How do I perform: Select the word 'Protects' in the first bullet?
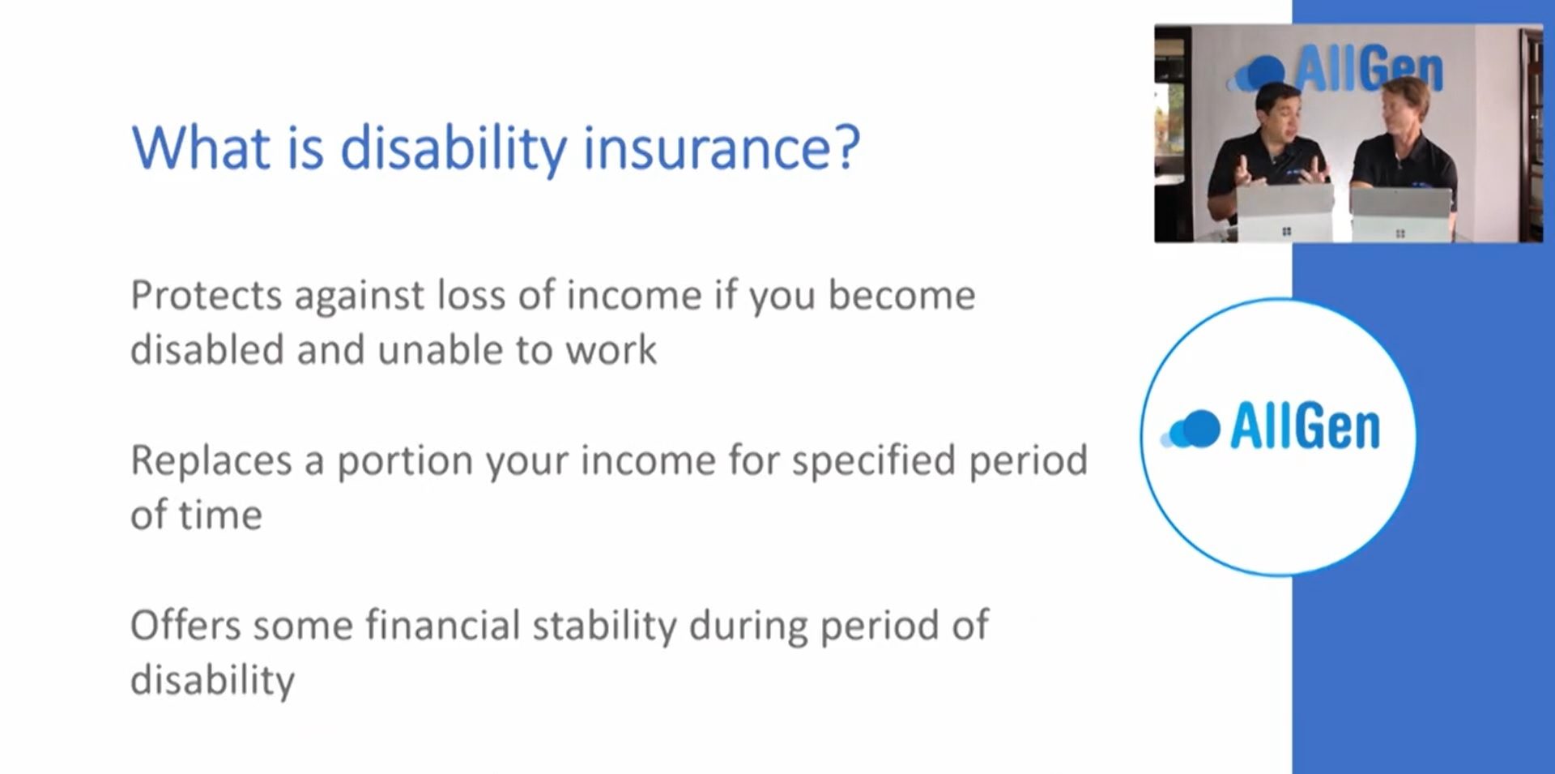tap(207, 295)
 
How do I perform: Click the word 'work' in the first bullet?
tap(611, 350)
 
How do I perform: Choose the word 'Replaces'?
tap(211, 460)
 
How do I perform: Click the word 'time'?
tap(220, 515)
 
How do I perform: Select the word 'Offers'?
tap(185, 626)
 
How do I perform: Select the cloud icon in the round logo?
tap(1191, 429)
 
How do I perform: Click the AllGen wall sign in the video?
tap(1336, 69)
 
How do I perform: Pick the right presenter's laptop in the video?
tap(1399, 214)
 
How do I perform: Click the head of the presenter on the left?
tap(1279, 113)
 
